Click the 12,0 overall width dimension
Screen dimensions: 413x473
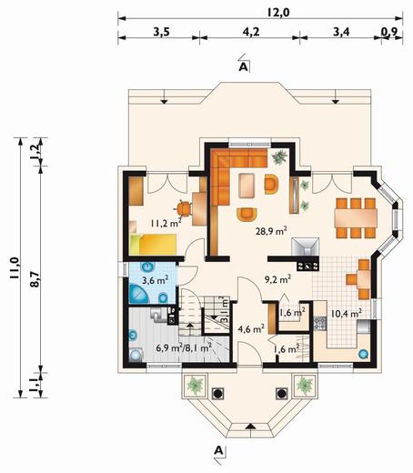pos(278,13)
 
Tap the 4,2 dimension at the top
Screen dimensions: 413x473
pos(251,31)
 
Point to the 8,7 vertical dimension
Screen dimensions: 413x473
pos(35,278)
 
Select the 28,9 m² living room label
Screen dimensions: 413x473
pos(271,231)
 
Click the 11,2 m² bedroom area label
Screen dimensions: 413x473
pos(166,223)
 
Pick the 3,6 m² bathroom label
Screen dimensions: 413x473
pos(156,279)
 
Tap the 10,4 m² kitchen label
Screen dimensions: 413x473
pos(347,313)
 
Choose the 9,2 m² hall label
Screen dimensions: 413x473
pos(278,279)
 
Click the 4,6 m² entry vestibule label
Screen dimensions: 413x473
pos(251,328)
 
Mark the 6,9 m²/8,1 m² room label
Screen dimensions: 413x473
pos(184,347)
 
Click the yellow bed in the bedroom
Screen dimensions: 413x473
pos(153,244)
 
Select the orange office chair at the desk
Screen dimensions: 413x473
pos(183,208)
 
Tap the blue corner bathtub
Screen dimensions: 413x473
pos(138,293)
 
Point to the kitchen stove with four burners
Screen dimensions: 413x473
pos(307,266)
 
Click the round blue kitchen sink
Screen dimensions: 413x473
pos(363,354)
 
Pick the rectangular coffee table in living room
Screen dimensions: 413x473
pos(247,186)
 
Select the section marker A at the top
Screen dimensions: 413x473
pos(244,67)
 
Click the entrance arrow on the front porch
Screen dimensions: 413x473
pos(249,426)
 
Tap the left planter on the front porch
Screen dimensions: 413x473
pos(195,386)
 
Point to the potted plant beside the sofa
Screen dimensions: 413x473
pos(279,157)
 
